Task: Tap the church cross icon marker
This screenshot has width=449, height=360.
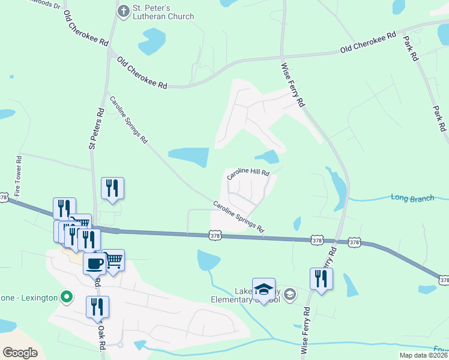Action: tap(123, 10)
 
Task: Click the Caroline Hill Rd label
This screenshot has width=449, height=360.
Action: tap(248, 174)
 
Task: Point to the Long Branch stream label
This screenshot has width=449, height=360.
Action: tap(412, 197)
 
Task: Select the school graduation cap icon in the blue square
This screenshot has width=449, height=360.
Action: tap(264, 289)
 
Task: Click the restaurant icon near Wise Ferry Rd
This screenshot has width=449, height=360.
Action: tap(321, 278)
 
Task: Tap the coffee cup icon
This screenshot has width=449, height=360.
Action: tap(94, 263)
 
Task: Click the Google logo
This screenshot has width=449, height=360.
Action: tap(20, 352)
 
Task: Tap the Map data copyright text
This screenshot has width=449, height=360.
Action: tap(424, 355)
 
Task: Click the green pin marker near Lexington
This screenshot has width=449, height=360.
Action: tap(67, 297)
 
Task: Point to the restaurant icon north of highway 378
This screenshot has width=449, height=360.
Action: tap(112, 188)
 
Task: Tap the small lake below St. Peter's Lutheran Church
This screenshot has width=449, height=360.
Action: tap(151, 41)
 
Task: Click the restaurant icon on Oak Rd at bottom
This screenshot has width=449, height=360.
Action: tap(97, 307)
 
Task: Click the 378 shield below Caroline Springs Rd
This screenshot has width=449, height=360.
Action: tap(215, 236)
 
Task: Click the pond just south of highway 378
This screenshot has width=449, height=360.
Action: tap(208, 260)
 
